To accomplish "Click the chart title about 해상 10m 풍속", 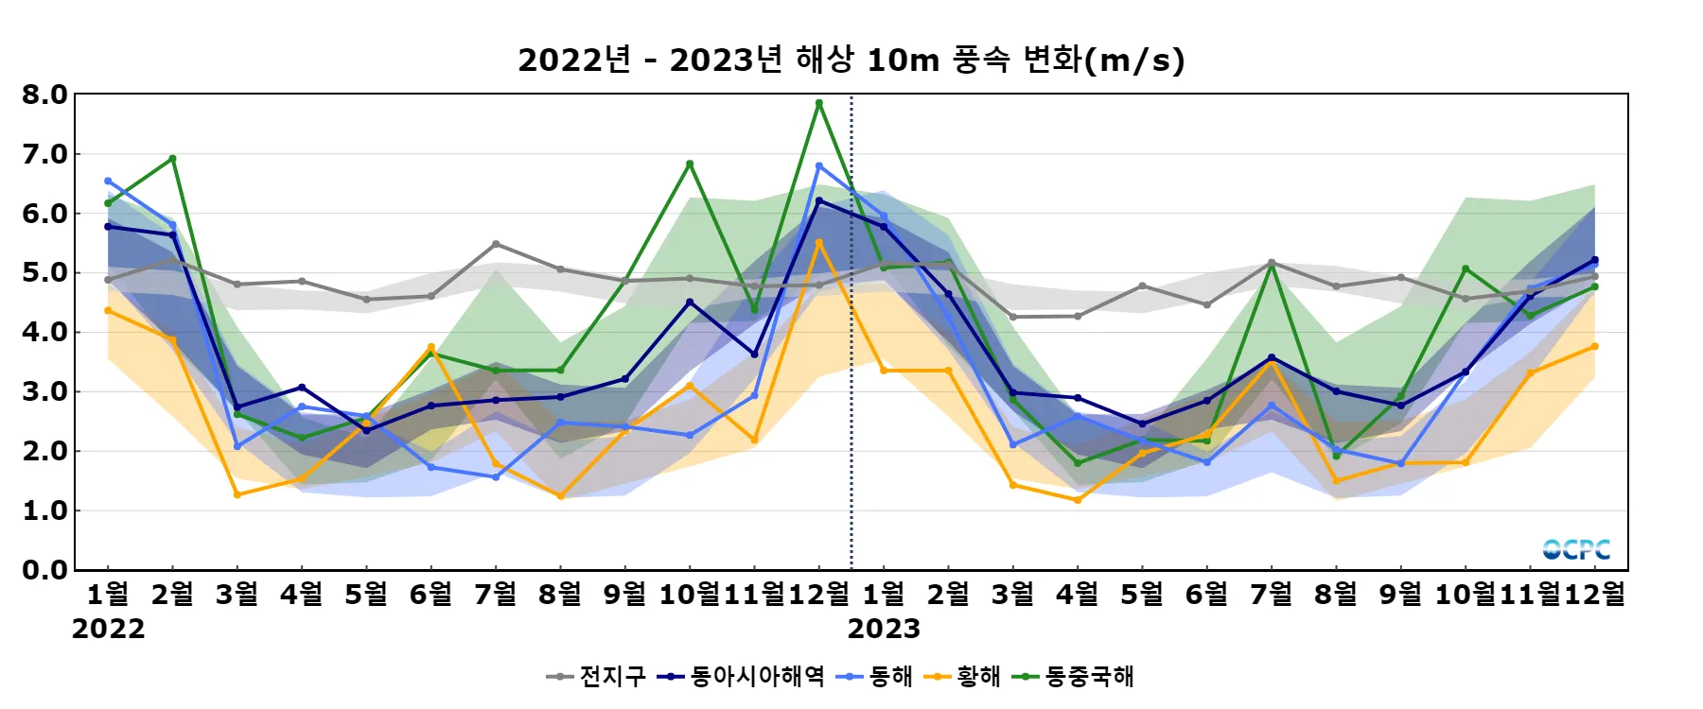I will (851, 61).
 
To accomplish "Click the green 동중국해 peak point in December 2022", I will (819, 103).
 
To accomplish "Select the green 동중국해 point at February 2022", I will (172, 159).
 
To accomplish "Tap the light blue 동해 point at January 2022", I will (108, 181).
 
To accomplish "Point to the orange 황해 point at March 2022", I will (237, 494).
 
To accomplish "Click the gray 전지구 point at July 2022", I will (496, 244).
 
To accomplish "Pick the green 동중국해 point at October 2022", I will (690, 164).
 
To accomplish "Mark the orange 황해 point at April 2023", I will (1078, 500).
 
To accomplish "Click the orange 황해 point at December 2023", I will (1595, 346).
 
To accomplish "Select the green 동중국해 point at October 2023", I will (1466, 268).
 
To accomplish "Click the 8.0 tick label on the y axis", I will (44, 95).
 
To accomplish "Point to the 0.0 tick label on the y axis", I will (44, 570).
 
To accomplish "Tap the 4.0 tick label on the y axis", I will (44, 332).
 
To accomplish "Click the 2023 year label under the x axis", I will (884, 629).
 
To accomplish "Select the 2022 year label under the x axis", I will (108, 629).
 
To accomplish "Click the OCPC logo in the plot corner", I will (1576, 549).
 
